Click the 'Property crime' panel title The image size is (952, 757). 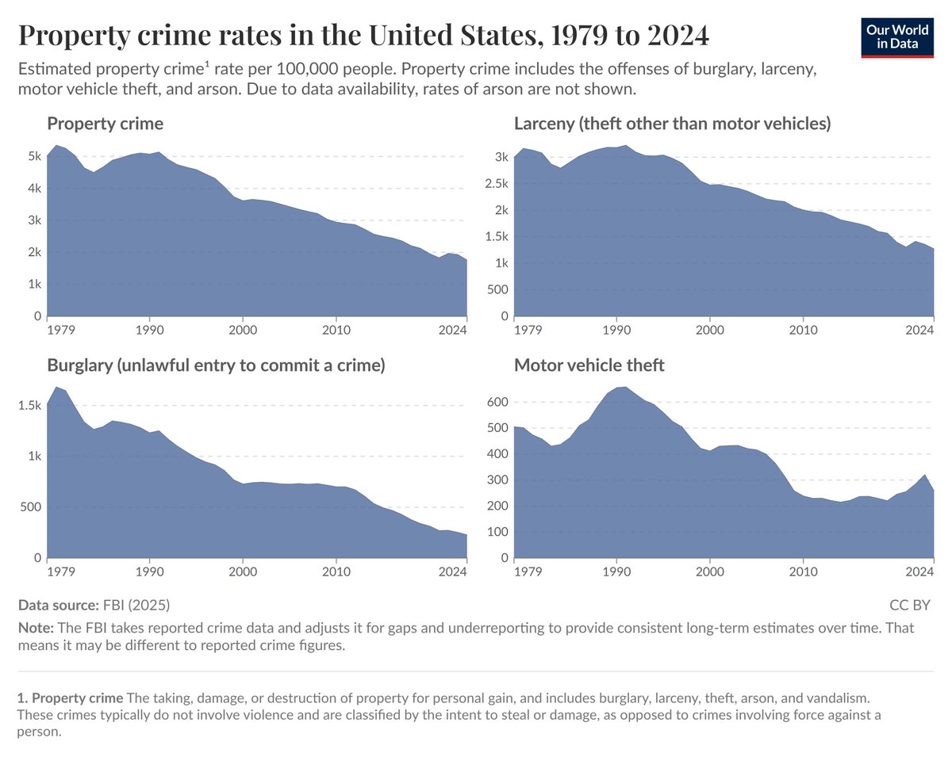(x=106, y=124)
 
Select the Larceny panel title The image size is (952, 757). (x=672, y=124)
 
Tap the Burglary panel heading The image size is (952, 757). (x=216, y=365)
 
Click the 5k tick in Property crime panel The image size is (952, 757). (x=34, y=156)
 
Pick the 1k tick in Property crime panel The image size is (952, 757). (x=34, y=284)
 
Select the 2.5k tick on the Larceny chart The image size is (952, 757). (x=497, y=184)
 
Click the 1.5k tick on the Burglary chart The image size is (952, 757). (x=30, y=405)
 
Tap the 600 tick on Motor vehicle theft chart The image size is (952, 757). (x=497, y=402)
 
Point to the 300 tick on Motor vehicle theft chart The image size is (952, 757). (x=497, y=480)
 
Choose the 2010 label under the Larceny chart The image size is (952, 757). (x=803, y=329)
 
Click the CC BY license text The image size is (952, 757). (x=910, y=606)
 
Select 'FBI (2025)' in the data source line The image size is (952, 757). (x=136, y=606)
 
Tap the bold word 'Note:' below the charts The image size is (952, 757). (x=36, y=628)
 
